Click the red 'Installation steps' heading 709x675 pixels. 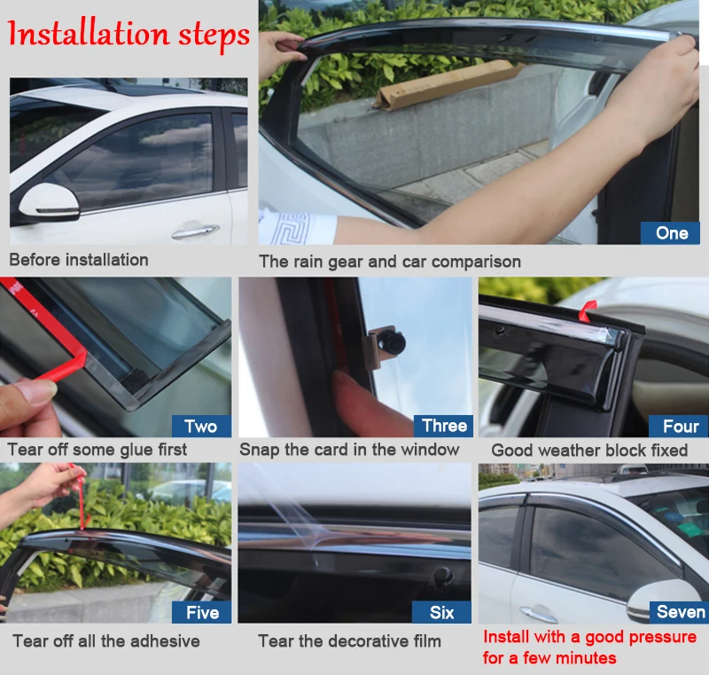[128, 35]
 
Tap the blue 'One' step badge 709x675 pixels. [670, 233]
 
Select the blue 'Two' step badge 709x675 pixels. [201, 426]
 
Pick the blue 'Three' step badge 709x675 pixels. [443, 426]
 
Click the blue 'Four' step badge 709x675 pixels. [678, 426]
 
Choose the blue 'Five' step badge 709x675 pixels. [202, 612]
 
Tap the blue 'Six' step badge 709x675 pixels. [441, 612]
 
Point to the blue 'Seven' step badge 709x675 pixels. [679, 612]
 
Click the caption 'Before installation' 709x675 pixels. [79, 260]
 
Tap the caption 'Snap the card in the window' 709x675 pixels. [349, 449]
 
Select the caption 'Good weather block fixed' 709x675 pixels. [589, 451]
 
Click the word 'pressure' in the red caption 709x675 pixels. [662, 637]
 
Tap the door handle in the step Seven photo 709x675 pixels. [538, 614]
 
